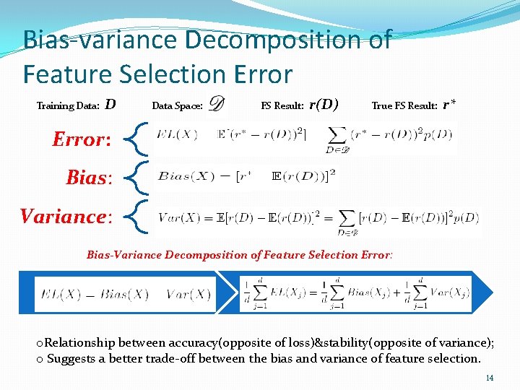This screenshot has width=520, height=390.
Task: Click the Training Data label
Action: click(68, 106)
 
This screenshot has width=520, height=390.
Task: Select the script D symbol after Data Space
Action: click(216, 105)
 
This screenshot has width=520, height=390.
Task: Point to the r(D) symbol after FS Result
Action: click(324, 104)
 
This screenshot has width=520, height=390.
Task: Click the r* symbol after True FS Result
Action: click(448, 105)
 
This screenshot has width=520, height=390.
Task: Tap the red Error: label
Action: click(82, 139)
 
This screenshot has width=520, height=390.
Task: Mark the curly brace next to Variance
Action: click(139, 216)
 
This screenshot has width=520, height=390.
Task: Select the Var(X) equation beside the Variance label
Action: click(318, 217)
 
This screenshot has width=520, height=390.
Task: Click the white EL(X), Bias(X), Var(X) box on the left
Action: click(125, 294)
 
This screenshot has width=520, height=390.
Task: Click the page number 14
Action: click(490, 378)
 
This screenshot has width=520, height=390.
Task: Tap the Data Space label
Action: click(177, 106)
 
